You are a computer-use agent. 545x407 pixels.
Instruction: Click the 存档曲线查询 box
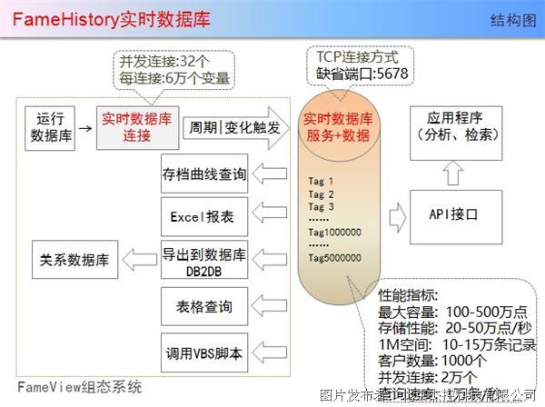tap(203, 174)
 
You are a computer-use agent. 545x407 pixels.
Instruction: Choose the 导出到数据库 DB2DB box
tap(203, 261)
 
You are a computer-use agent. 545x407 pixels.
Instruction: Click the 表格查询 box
tap(203, 306)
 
